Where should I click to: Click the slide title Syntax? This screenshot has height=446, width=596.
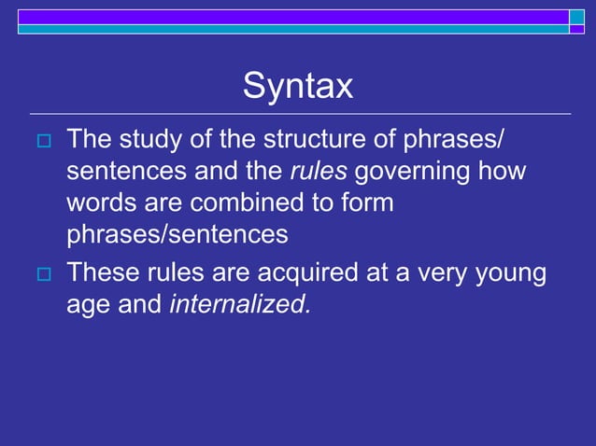point(298,87)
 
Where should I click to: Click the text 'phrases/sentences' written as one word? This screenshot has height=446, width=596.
point(177,234)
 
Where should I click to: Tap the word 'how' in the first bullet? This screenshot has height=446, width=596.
point(504,173)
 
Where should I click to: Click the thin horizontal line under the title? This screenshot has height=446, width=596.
point(299,114)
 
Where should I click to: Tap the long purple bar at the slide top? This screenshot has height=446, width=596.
point(293,16)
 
